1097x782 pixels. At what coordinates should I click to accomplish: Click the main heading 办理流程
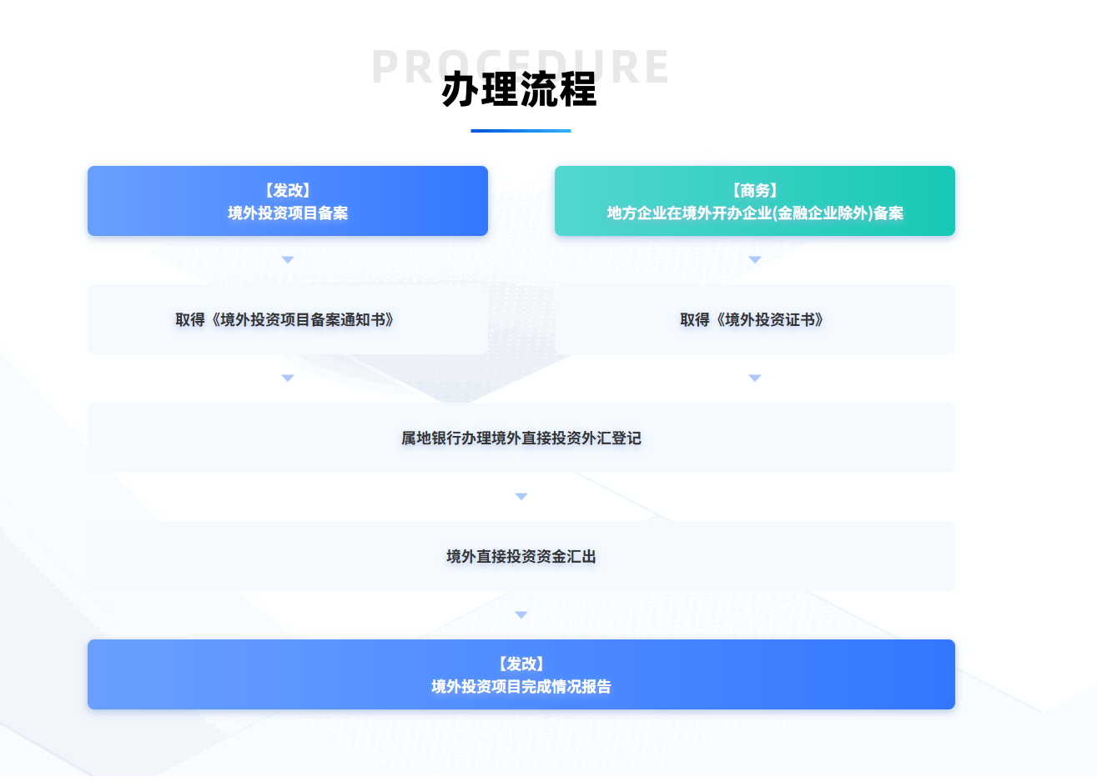(x=519, y=90)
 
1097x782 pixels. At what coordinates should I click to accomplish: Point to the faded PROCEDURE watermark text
(x=400, y=67)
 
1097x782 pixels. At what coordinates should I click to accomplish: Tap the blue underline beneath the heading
(x=521, y=131)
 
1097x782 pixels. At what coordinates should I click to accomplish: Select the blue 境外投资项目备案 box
(x=288, y=201)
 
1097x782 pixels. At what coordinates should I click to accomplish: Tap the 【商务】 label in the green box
(x=755, y=191)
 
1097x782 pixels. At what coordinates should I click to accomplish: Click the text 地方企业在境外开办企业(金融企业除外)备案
(x=755, y=213)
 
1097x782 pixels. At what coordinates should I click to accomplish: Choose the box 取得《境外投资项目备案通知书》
(x=288, y=319)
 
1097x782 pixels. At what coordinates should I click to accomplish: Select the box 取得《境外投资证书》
(x=755, y=319)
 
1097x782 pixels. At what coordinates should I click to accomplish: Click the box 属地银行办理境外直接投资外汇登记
(x=521, y=438)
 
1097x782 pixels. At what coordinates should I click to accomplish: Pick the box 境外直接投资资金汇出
(x=521, y=556)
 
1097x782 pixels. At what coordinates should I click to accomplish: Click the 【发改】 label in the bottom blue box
(x=521, y=664)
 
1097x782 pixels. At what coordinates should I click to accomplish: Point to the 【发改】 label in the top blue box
(x=288, y=191)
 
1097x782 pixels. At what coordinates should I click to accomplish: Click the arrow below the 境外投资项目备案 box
(x=288, y=260)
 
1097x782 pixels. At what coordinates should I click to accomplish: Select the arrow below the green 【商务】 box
(x=755, y=260)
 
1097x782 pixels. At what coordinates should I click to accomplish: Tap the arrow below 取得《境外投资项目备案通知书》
(x=288, y=378)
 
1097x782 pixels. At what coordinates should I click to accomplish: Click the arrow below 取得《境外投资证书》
(x=755, y=378)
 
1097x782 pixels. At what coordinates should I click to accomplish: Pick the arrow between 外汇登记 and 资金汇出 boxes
(x=521, y=497)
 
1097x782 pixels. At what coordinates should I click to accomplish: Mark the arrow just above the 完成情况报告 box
(x=521, y=615)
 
